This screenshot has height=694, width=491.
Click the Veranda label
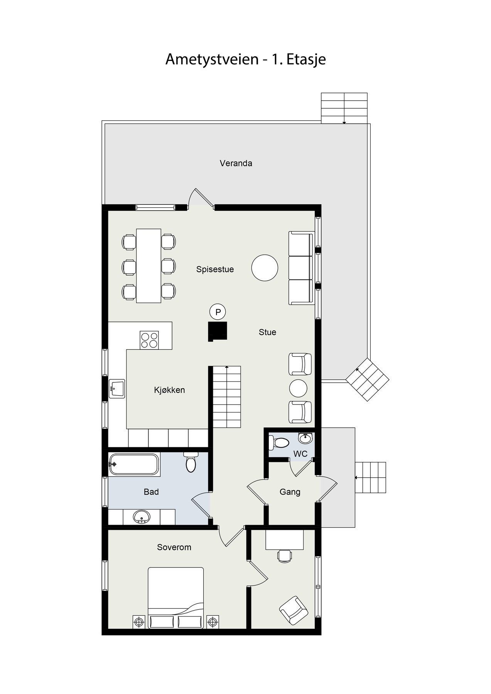click(236, 163)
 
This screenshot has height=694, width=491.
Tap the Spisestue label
click(215, 269)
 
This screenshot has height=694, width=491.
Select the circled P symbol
click(218, 312)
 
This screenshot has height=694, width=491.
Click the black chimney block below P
click(218, 331)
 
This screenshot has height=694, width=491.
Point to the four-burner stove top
click(149, 340)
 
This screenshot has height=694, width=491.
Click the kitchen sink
click(117, 389)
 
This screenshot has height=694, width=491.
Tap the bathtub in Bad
click(133, 464)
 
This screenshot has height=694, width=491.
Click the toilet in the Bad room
click(191, 463)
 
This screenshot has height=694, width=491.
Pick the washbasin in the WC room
click(306, 438)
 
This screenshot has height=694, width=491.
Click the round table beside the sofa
click(265, 268)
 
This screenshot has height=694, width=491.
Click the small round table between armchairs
click(298, 388)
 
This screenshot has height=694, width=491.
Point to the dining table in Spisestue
click(148, 266)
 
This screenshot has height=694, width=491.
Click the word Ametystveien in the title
click(212, 59)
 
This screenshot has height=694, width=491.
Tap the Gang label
click(290, 492)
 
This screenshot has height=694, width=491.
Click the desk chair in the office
click(285, 556)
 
